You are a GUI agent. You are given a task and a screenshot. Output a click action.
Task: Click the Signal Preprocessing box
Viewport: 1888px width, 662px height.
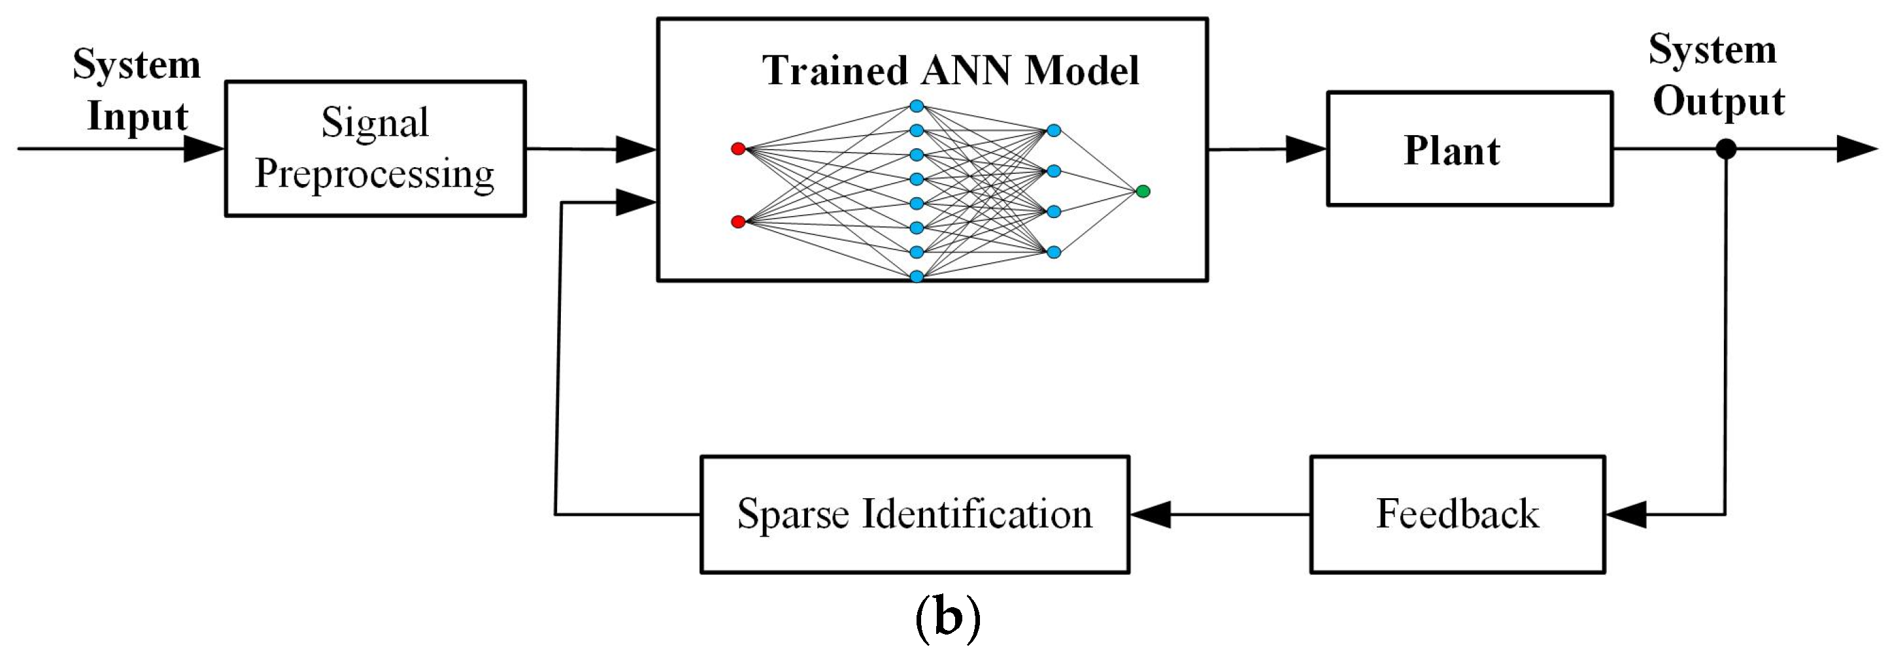(x=375, y=148)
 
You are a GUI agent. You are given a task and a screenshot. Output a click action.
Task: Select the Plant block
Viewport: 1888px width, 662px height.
(x=1469, y=149)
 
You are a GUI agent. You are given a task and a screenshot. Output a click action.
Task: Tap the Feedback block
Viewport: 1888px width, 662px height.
(x=1457, y=514)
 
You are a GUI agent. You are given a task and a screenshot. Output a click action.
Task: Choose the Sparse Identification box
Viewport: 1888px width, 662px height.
(x=914, y=514)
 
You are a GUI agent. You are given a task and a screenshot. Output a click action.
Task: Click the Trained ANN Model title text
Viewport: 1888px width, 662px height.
(x=950, y=71)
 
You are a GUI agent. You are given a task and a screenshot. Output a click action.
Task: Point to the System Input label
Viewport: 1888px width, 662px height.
(x=137, y=90)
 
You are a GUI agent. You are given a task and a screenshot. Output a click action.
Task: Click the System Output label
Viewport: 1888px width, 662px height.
(x=1716, y=76)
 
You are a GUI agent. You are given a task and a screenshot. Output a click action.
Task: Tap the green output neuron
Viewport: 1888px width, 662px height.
(x=1143, y=191)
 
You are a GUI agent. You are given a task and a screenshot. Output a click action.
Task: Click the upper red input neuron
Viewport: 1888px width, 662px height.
(x=738, y=149)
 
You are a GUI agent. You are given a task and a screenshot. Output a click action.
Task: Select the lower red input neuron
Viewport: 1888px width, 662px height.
(x=738, y=221)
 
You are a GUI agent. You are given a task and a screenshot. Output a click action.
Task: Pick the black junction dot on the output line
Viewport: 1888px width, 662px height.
(x=1726, y=150)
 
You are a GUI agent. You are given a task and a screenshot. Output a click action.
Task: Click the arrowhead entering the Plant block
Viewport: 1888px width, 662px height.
(x=1306, y=150)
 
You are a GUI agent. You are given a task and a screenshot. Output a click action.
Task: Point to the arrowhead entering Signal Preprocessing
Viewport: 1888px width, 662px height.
(x=203, y=150)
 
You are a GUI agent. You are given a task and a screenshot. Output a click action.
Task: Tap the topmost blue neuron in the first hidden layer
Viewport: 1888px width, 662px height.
(x=916, y=106)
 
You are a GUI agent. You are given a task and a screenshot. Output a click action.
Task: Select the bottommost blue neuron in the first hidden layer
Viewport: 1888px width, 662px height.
(x=916, y=276)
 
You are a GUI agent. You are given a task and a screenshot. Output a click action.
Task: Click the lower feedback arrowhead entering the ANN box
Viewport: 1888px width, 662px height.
(x=635, y=202)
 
